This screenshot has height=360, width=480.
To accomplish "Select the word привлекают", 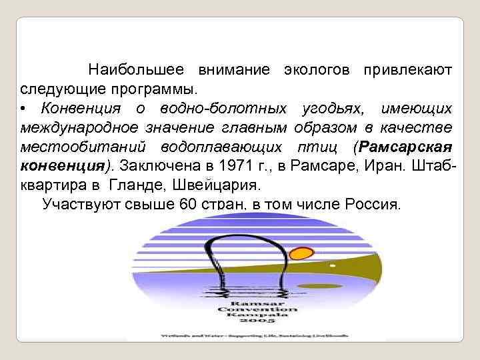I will [x=408, y=69].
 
